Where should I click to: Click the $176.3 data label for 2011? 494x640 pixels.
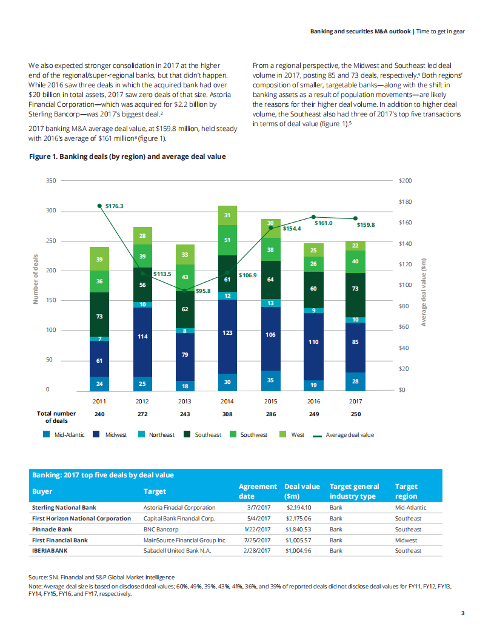[114, 206]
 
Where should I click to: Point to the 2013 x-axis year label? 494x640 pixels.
[185, 401]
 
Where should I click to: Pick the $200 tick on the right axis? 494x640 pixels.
[405, 181]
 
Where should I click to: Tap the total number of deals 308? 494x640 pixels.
[227, 414]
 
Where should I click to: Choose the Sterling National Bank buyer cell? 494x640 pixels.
[64, 507]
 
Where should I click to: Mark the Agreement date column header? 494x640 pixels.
[258, 491]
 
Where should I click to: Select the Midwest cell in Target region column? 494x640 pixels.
[407, 540]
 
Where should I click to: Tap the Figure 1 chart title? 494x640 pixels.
[127, 157]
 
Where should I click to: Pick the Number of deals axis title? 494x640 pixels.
[35, 279]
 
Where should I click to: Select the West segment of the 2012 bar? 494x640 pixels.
[142, 235]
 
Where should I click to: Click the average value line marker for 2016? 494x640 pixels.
[313, 217]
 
